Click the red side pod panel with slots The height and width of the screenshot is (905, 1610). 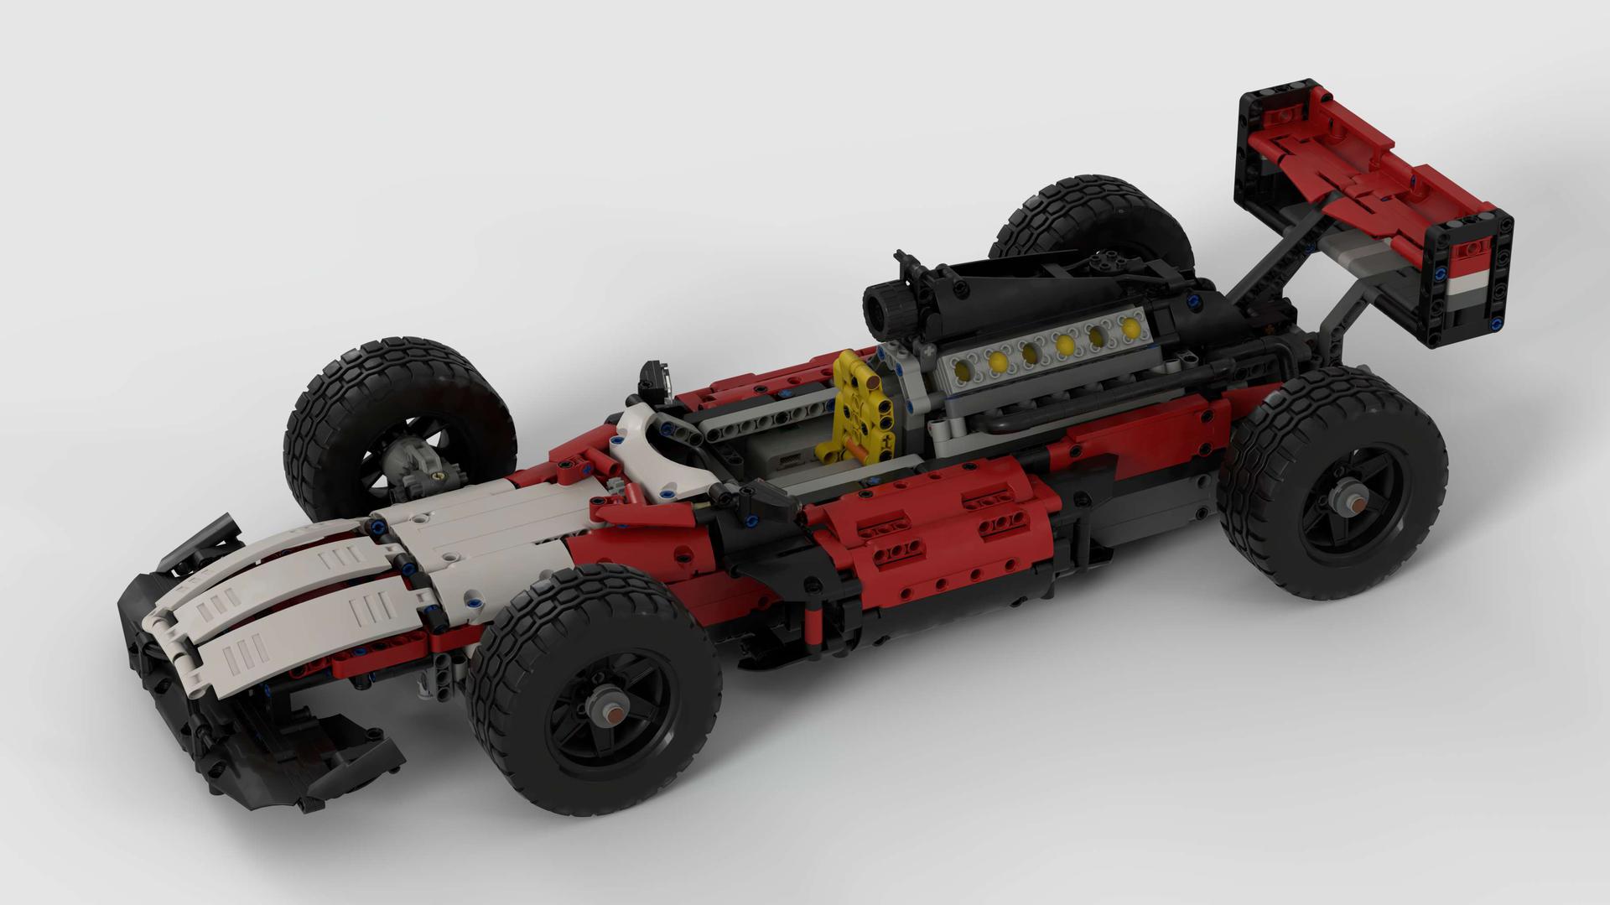click(931, 537)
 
